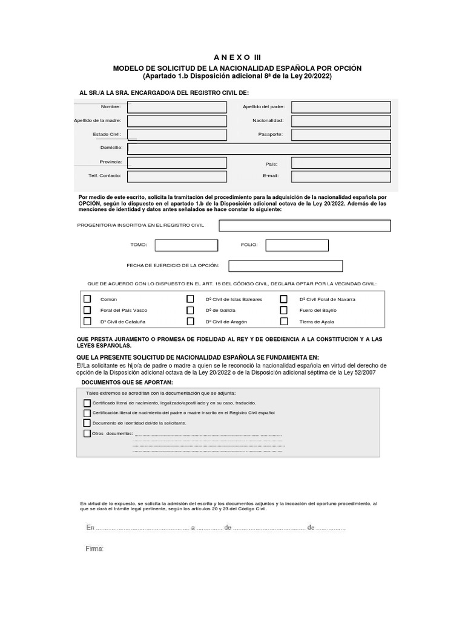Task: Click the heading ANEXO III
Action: point(232,57)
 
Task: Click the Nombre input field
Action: point(177,107)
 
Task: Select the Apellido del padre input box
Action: point(341,107)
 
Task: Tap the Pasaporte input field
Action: point(341,135)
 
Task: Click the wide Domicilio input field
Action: point(259,149)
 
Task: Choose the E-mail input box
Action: point(341,176)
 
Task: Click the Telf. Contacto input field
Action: point(177,176)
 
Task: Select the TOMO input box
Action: point(186,245)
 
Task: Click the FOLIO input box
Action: point(297,245)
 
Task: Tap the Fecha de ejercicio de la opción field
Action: point(285,266)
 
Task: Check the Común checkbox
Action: point(87,299)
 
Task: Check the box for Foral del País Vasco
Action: point(87,310)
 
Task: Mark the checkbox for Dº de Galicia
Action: point(190,310)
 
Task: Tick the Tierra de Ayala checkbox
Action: point(283,322)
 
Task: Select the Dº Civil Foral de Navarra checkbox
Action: point(283,299)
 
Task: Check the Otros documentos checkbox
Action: point(87,433)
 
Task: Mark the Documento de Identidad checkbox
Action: point(87,423)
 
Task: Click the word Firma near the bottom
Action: point(95,549)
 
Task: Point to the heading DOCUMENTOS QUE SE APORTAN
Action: point(127,383)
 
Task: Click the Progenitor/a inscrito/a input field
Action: point(305,225)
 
